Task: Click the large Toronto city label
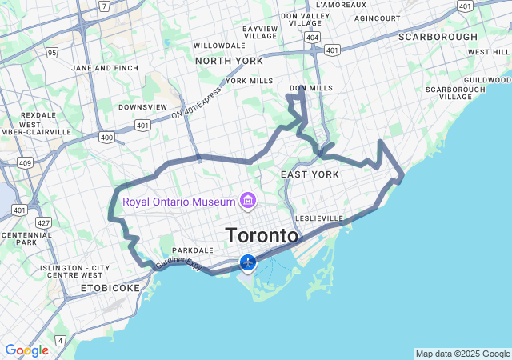(262, 236)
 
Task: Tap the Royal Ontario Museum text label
(178, 201)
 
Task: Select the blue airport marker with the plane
(248, 262)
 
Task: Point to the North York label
(229, 61)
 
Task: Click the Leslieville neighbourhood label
(319, 218)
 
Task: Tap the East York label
(310, 174)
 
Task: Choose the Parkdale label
(192, 250)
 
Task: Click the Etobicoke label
(110, 287)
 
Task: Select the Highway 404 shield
(312, 37)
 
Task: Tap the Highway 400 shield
(106, 138)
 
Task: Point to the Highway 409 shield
(25, 163)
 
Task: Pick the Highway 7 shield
(104, 6)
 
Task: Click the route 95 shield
(52, 53)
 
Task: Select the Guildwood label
(486, 80)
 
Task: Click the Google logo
(26, 350)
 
